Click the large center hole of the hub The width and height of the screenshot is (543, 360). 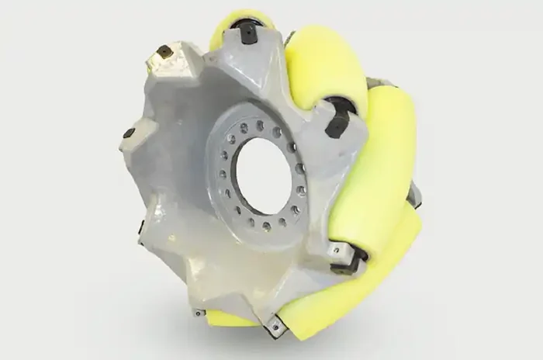(263, 175)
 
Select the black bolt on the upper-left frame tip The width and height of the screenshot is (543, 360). (164, 53)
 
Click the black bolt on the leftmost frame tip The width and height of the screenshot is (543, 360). (128, 133)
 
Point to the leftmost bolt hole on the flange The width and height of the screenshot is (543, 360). (220, 175)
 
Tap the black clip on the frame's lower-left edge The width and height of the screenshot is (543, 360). (141, 227)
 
